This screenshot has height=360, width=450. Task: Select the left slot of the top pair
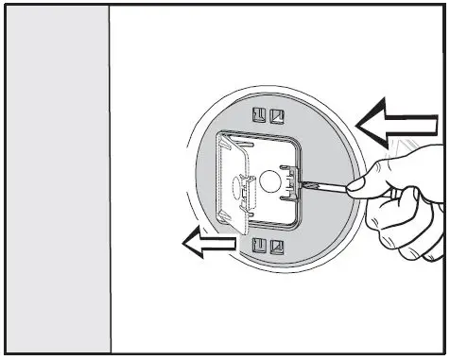click(260, 116)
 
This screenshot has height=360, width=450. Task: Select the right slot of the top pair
click(276, 116)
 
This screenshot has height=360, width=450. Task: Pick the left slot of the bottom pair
click(260, 247)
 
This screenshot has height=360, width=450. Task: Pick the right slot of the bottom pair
click(276, 247)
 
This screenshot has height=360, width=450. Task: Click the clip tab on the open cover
click(243, 188)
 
